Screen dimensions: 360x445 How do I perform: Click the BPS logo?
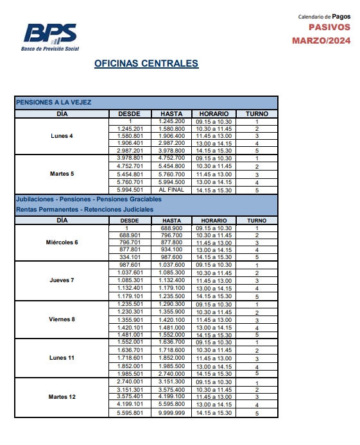(51, 35)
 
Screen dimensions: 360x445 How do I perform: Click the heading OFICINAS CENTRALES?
(146, 63)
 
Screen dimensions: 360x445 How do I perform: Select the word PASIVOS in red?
(330, 27)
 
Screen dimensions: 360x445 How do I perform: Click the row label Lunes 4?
(62, 135)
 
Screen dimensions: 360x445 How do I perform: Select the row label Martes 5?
(62, 174)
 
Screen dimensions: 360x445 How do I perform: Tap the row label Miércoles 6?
(62, 242)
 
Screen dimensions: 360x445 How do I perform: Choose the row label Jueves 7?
(62, 280)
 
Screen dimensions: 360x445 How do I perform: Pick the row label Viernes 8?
(62, 319)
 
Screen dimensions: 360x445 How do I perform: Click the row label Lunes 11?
(62, 358)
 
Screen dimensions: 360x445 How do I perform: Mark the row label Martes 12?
(62, 397)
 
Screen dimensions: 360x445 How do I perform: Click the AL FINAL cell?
(172, 190)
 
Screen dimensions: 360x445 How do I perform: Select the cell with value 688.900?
(172, 228)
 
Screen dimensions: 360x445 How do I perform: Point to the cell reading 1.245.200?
(172, 121)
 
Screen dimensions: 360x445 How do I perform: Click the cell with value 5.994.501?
(130, 190)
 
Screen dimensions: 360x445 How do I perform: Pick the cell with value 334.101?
(130, 257)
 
